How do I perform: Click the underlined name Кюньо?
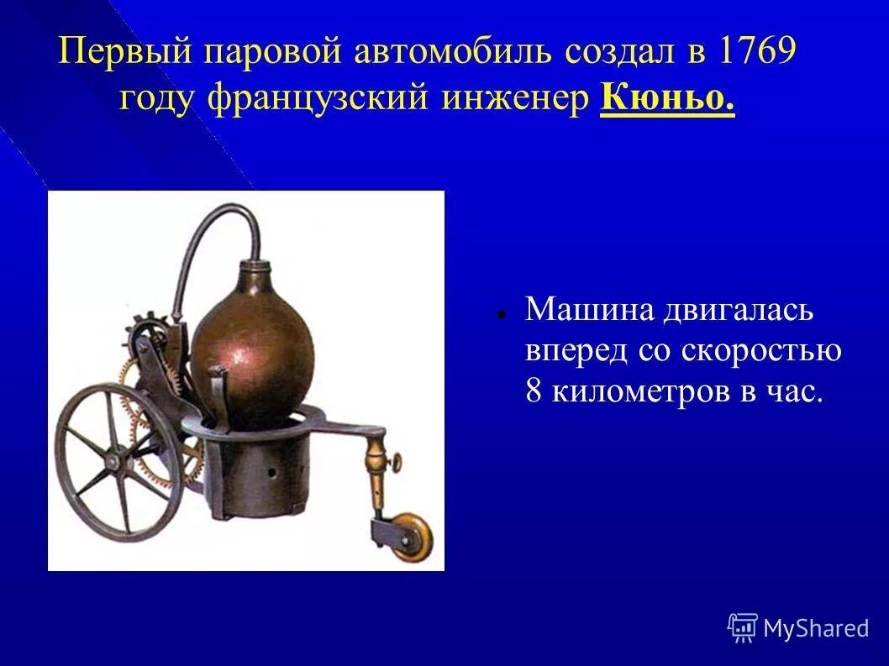click(x=668, y=100)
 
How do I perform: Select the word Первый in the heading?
click(x=124, y=53)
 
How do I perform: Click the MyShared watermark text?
click(x=815, y=628)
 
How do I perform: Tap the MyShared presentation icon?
click(x=743, y=627)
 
